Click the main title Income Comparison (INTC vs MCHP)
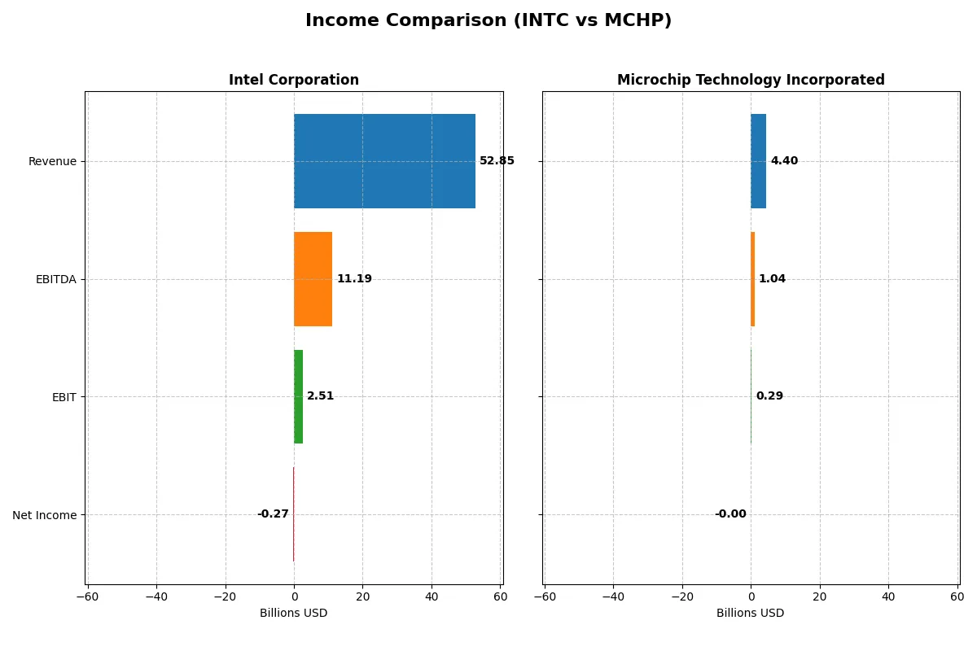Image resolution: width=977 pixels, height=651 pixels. pyautogui.click(x=488, y=20)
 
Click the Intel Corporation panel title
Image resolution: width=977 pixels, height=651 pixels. pyautogui.click(x=294, y=80)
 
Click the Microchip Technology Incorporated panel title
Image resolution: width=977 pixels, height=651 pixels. pyautogui.click(x=751, y=80)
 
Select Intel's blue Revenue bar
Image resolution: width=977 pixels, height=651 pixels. pyautogui.click(x=384, y=161)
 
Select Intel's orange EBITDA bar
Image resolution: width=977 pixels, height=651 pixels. pyautogui.click(x=313, y=279)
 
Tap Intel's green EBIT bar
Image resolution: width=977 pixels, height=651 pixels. pyautogui.click(x=298, y=396)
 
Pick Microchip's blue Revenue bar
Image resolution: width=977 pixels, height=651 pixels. pyautogui.click(x=758, y=161)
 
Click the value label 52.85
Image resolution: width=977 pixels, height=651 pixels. pyautogui.click(x=497, y=161)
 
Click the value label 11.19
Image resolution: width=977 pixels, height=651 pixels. pyautogui.click(x=354, y=279)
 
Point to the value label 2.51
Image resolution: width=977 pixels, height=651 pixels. pyautogui.click(x=320, y=396)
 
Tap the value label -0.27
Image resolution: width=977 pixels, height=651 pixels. pyautogui.click(x=273, y=514)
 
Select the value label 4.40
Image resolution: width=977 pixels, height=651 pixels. pyautogui.click(x=784, y=161)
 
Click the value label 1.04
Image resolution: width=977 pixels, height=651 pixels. pyautogui.click(x=772, y=279)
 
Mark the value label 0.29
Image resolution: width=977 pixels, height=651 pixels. pyautogui.click(x=769, y=396)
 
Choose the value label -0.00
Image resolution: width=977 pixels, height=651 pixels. pyautogui.click(x=730, y=514)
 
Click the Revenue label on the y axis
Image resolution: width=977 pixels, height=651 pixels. pyautogui.click(x=52, y=161)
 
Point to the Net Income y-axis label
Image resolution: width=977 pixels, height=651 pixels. pyautogui.click(x=45, y=515)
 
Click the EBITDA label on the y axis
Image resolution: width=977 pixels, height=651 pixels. pyautogui.click(x=55, y=279)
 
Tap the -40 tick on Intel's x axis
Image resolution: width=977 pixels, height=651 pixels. pyautogui.click(x=156, y=596)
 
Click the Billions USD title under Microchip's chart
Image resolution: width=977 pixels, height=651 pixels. pyautogui.click(x=751, y=613)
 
